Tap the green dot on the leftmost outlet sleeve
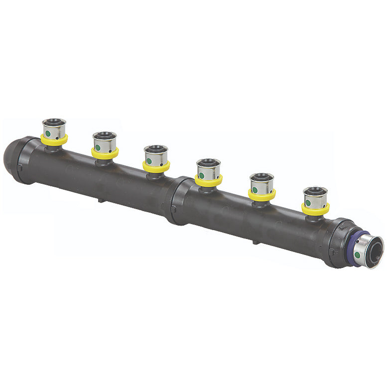(48, 133)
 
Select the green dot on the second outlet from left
(99, 147)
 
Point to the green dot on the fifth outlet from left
(255, 189)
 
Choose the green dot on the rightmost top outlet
(308, 203)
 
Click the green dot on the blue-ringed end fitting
(357, 255)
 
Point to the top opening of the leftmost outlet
(54, 122)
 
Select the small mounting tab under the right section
(255, 242)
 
